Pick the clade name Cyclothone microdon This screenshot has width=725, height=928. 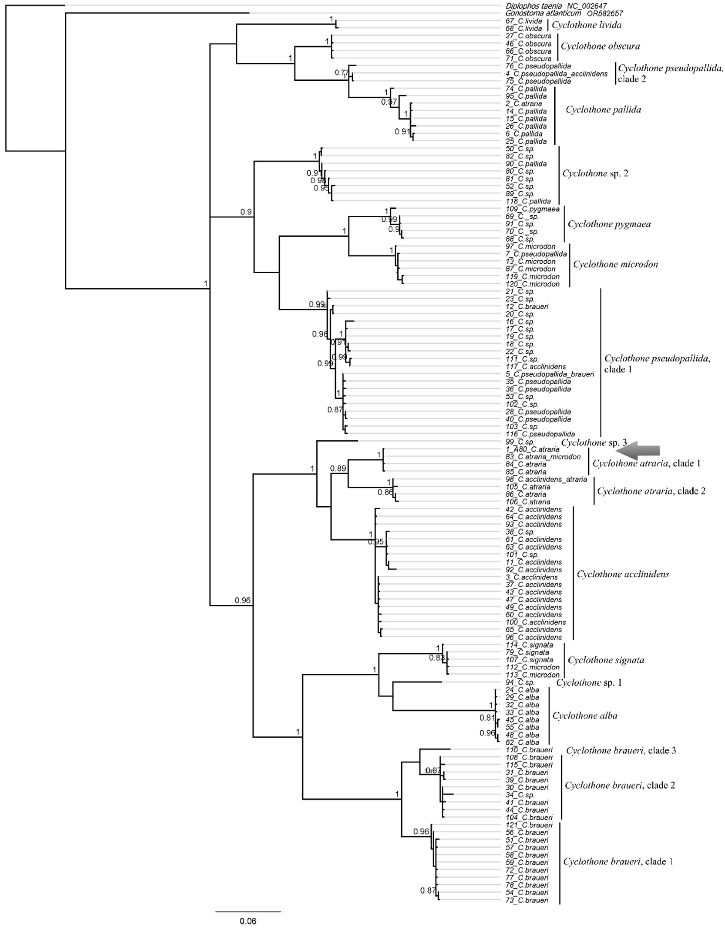[616, 264]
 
